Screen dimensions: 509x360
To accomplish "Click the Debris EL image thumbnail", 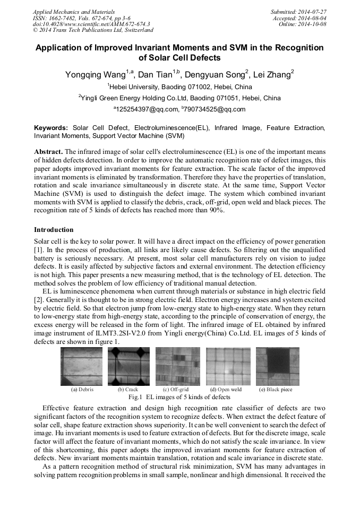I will (81, 366).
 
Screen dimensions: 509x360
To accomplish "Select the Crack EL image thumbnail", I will (128, 366).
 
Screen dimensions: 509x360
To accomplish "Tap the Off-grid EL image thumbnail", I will (177, 366).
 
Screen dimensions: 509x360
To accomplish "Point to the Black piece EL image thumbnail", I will (277, 366).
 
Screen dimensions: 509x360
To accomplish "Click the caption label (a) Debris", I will (82, 390).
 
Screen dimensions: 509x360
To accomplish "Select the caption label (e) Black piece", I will (276, 390).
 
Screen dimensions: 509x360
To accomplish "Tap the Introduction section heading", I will (54, 230).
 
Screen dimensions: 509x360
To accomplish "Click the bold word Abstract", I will (48, 151).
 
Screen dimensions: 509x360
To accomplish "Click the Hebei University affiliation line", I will (179, 87).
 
